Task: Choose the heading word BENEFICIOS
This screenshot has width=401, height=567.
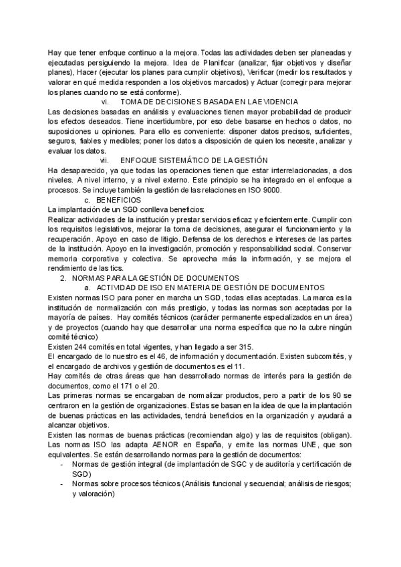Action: (119, 200)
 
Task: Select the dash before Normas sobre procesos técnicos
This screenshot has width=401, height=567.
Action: (62, 483)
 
